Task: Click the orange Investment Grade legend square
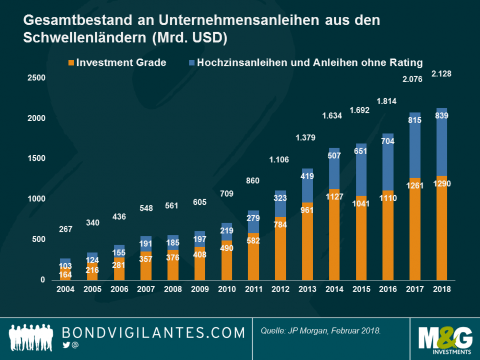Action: [71, 63]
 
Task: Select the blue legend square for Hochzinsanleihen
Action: [191, 63]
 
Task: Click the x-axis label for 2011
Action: [254, 289]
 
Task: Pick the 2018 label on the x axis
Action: [442, 289]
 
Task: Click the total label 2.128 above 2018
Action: [441, 74]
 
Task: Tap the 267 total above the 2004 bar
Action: [65, 229]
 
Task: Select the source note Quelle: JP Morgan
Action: [320, 330]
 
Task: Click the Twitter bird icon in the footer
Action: [66, 345]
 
